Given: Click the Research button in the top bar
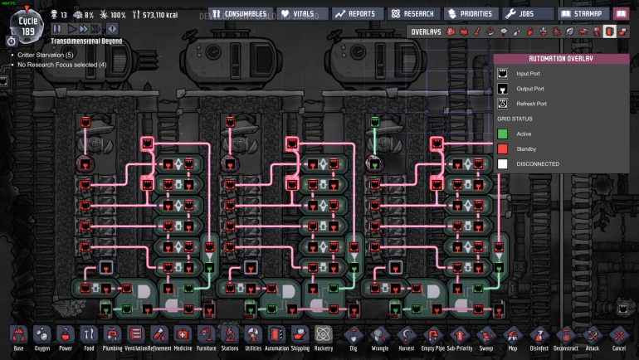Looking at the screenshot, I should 412,13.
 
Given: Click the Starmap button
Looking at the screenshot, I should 582,13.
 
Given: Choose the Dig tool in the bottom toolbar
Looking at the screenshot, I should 354,338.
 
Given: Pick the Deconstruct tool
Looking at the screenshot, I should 567,338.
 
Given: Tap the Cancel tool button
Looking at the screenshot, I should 619,338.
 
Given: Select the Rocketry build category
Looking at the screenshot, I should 324,338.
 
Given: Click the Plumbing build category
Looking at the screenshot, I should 112,338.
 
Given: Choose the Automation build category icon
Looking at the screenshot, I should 276,338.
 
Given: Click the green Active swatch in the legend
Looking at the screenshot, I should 503,134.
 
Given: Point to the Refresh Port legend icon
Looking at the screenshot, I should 503,104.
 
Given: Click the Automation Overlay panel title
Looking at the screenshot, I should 561,59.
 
